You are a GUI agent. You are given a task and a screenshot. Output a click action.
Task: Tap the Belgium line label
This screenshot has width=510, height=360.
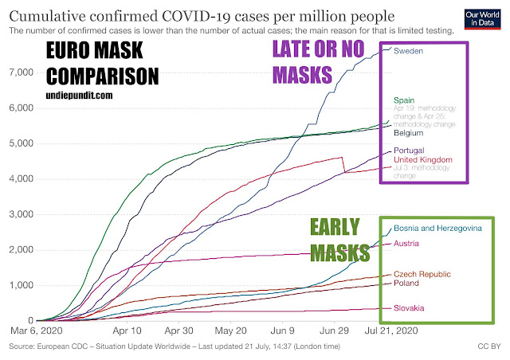tap(409, 134)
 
